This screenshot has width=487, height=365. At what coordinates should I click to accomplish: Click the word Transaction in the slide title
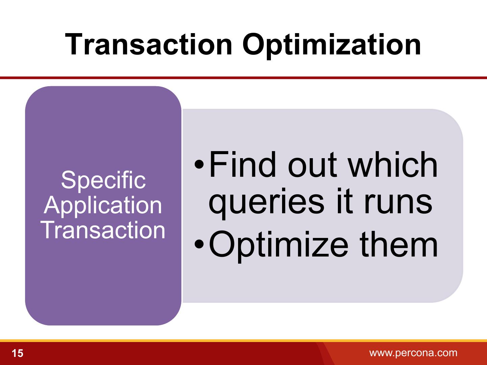[148, 44]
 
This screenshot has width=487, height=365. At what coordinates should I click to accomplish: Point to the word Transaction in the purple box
[103, 230]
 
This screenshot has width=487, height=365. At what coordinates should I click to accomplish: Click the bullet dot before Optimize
[199, 244]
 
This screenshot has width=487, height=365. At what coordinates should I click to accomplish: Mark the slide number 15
[17, 353]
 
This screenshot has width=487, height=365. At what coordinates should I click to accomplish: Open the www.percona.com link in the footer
[413, 353]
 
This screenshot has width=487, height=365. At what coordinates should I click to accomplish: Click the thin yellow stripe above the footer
[243, 340]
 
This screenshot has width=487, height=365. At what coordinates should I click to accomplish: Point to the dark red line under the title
[243, 78]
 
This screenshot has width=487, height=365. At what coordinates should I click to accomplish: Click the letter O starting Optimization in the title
[254, 44]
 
